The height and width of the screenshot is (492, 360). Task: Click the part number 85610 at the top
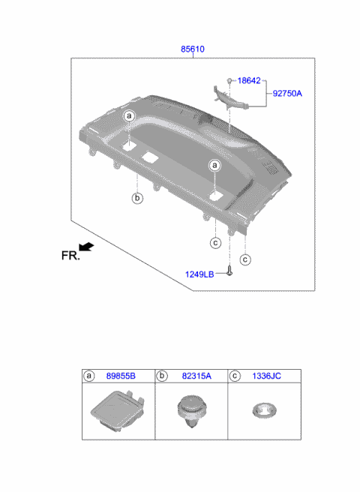(x=192, y=49)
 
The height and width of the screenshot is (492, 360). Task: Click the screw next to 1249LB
(x=230, y=273)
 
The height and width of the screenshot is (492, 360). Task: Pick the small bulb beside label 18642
(x=230, y=79)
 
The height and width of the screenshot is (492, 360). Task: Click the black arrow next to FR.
(x=87, y=247)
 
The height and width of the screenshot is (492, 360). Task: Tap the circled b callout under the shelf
(x=137, y=198)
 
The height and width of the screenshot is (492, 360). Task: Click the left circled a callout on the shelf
(x=129, y=116)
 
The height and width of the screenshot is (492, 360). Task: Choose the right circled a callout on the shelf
(x=214, y=164)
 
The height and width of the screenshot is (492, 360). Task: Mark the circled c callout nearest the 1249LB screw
(x=244, y=259)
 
